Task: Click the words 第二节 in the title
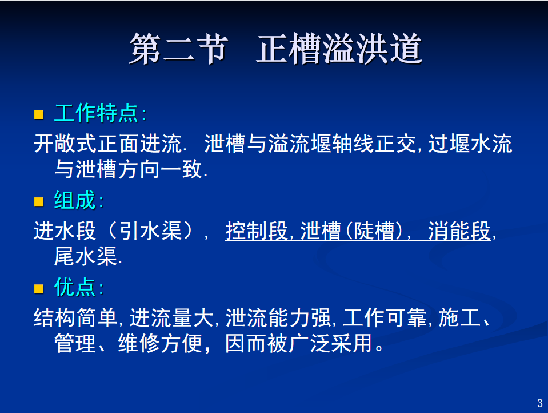[179, 49]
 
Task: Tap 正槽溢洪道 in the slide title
[339, 49]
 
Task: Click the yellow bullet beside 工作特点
[38, 114]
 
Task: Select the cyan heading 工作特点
[97, 113]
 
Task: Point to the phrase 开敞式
[65, 144]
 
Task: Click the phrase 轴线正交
[374, 144]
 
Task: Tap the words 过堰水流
[470, 144]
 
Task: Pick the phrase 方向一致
[160, 169]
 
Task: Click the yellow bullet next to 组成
[38, 201]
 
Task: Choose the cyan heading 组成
[75, 200]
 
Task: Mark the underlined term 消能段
[460, 231]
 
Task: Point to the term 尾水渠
[86, 256]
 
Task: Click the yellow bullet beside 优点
[38, 289]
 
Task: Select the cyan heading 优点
[75, 287]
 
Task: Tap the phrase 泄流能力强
[278, 318]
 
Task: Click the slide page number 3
[540, 403]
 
